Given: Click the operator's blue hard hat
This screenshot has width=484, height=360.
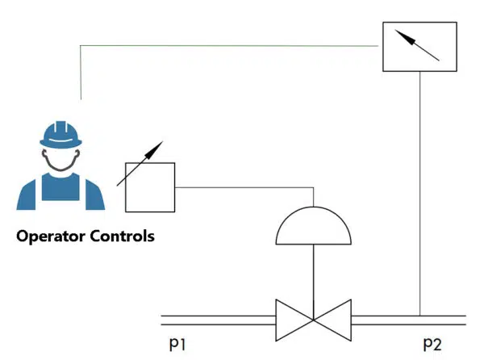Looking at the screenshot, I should [61, 133].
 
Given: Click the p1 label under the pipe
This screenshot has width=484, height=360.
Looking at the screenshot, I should [179, 344].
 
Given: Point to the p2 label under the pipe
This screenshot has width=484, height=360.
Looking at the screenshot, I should [432, 344].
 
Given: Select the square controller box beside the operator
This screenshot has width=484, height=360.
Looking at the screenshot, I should [150, 186].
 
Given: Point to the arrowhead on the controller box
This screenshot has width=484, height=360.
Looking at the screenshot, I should [158, 146].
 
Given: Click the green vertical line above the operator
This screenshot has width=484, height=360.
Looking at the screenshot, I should [81, 73].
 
